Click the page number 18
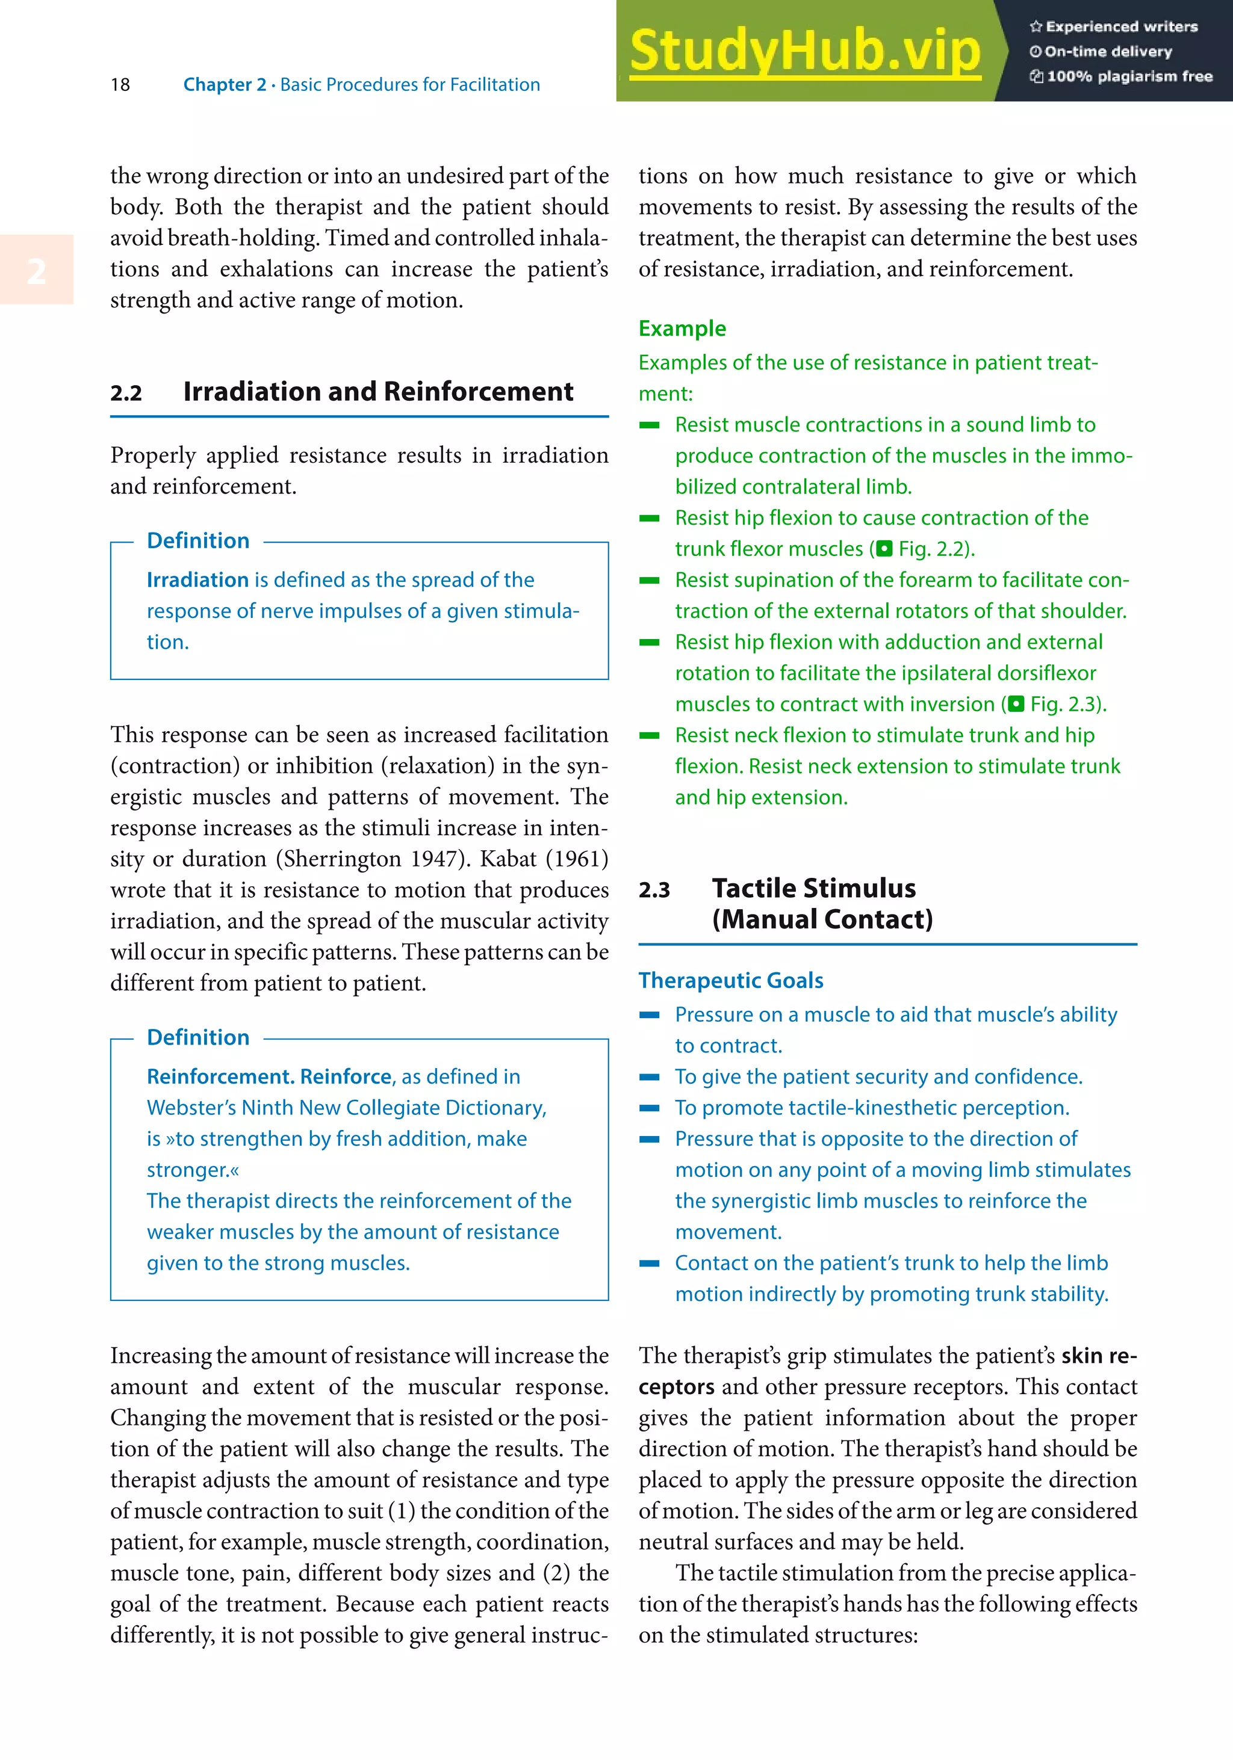[x=120, y=84]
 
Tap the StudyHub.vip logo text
[x=804, y=51]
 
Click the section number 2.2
[x=126, y=394]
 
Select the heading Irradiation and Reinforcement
[x=377, y=392]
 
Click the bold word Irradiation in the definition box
[x=197, y=579]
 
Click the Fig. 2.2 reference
[x=933, y=549]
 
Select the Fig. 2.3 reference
[x=1065, y=703]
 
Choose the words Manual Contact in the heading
[x=822, y=919]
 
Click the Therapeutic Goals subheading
[x=731, y=980]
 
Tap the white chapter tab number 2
[x=36, y=271]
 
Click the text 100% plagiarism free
[x=1129, y=76]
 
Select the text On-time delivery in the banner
[x=1107, y=51]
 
